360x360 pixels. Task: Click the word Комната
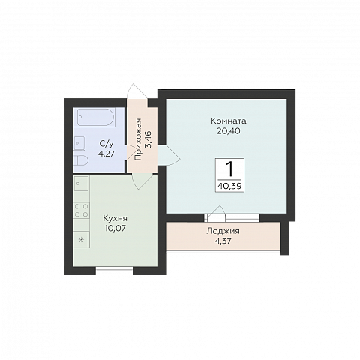pyautogui.click(x=229, y=121)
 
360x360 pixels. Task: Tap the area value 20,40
pyautogui.click(x=229, y=131)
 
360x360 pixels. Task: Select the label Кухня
pyautogui.click(x=115, y=219)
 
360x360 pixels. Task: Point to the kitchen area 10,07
pyautogui.click(x=115, y=228)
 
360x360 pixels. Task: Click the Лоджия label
pyautogui.click(x=223, y=231)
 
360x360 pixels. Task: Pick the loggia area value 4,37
pyautogui.click(x=223, y=241)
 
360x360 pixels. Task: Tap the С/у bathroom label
pyautogui.click(x=106, y=144)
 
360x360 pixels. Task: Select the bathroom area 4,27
pyautogui.click(x=106, y=154)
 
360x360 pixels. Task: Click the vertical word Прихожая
pyautogui.click(x=138, y=139)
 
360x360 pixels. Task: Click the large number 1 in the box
pyautogui.click(x=229, y=169)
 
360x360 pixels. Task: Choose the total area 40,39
pyautogui.click(x=229, y=186)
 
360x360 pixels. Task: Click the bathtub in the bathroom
pyautogui.click(x=96, y=117)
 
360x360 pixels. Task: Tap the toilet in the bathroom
pyautogui.click(x=82, y=160)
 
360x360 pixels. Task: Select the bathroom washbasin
pyautogui.click(x=79, y=143)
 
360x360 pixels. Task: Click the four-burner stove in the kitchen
pyautogui.click(x=82, y=210)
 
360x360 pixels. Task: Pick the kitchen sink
pyautogui.click(x=81, y=184)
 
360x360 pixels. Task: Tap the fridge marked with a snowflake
pyautogui.click(x=82, y=239)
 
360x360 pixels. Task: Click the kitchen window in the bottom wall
pyautogui.click(x=114, y=270)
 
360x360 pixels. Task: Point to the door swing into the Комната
pyautogui.click(x=169, y=156)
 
